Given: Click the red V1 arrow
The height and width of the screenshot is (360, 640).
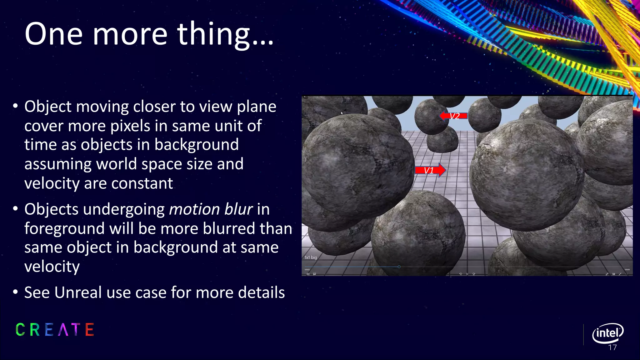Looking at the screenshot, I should pos(430,170).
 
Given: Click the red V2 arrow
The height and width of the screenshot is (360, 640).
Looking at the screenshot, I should pos(453,116).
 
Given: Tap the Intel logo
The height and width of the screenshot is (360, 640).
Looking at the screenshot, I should pos(607,333).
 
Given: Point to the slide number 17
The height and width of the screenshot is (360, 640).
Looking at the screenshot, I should pos(612,347).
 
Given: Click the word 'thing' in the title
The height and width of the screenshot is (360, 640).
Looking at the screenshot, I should pos(214,34).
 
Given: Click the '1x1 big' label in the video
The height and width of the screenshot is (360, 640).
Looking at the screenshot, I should pos(311,257).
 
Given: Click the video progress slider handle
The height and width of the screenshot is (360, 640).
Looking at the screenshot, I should pos(399,267).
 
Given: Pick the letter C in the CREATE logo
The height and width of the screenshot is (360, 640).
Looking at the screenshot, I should pos(20,330).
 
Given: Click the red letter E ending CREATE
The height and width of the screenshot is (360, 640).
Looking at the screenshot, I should pos(90,330).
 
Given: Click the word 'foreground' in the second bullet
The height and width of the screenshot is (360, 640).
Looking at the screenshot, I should pos(64,228).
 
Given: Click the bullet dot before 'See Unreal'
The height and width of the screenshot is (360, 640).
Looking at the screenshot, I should pos(15,292).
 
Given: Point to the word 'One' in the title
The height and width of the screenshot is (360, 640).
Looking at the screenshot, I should pos(53,34).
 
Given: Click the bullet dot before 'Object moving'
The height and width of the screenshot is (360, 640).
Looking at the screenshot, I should pos(15,106).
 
